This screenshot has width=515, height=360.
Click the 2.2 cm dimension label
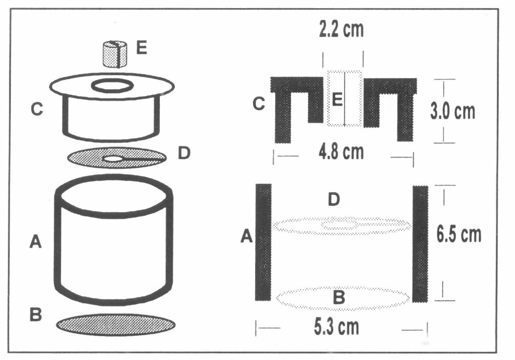[342, 30]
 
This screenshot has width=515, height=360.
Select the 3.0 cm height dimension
[453, 112]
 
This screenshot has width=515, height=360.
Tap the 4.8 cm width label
[342, 152]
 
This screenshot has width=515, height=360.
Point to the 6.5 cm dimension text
[459, 235]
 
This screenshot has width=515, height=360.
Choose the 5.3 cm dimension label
[337, 327]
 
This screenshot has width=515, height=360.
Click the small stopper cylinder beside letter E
[115, 54]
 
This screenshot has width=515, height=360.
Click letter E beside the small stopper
[141, 48]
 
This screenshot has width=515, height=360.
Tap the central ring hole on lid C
[112, 87]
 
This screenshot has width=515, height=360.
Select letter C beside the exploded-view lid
[37, 109]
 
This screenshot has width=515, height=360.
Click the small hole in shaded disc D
[113, 159]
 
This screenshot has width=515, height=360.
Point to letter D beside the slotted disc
[184, 153]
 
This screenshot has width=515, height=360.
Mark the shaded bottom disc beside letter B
[115, 325]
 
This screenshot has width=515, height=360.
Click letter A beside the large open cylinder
[35, 242]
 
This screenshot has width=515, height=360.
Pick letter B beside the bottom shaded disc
[35, 314]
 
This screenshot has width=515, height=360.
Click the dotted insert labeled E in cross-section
[345, 98]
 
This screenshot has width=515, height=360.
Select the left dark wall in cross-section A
[263, 242]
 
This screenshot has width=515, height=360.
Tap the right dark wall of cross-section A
[420, 244]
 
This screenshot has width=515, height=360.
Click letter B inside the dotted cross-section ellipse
[339, 298]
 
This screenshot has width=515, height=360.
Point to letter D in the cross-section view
[334, 200]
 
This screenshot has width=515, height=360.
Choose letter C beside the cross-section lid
[259, 104]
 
